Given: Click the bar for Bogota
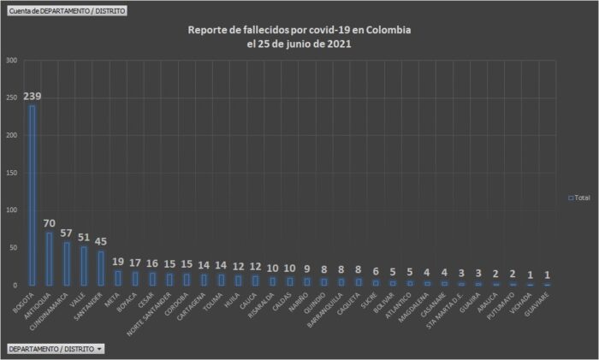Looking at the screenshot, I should pos(33,195).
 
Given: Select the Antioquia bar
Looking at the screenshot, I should pos(50,258).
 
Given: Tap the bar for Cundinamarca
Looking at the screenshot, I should pos(67,263).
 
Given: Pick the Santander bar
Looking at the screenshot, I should pos(101,268).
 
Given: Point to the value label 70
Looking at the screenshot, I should pos(50,223).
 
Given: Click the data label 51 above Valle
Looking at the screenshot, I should pos(84,238).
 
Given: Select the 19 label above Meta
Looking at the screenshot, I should pos(118,262).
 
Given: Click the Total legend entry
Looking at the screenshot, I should pos(578,197).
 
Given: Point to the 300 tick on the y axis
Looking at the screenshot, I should pos(10,61).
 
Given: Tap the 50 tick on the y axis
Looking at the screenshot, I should pos(12,247).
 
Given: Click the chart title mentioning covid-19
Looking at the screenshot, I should pos(299,30).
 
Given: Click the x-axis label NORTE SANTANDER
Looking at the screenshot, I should pos(146,313).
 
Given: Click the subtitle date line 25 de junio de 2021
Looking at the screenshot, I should pos(299,44).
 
